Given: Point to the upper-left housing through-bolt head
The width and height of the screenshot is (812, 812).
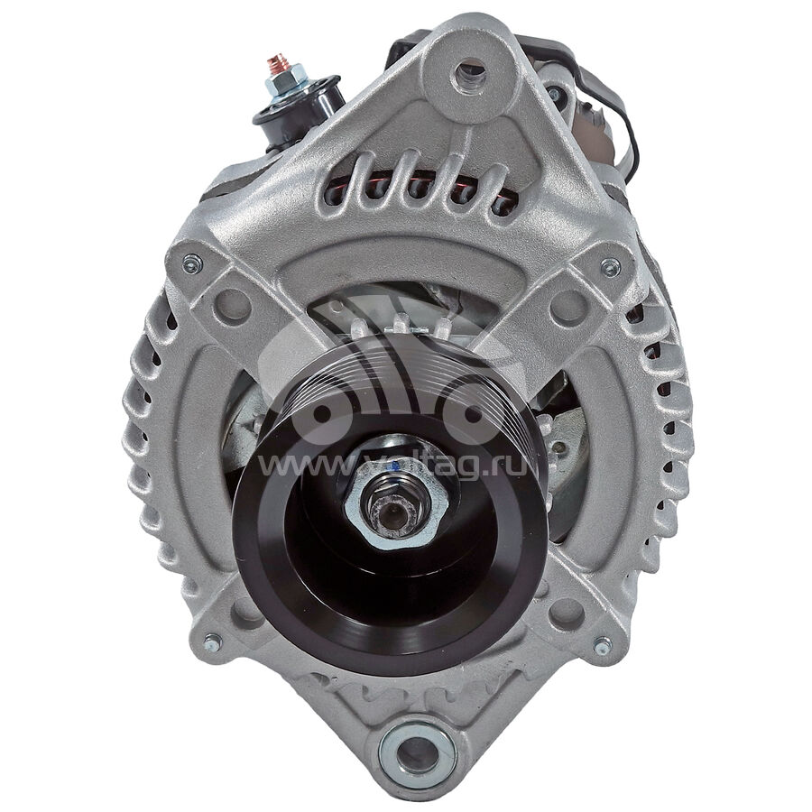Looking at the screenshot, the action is (x=193, y=264).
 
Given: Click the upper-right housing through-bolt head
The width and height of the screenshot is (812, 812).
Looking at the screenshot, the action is (x=610, y=267).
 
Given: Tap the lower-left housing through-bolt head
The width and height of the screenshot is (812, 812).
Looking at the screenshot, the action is (x=212, y=642).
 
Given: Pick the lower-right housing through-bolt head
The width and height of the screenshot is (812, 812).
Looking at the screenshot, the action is (x=602, y=646).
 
